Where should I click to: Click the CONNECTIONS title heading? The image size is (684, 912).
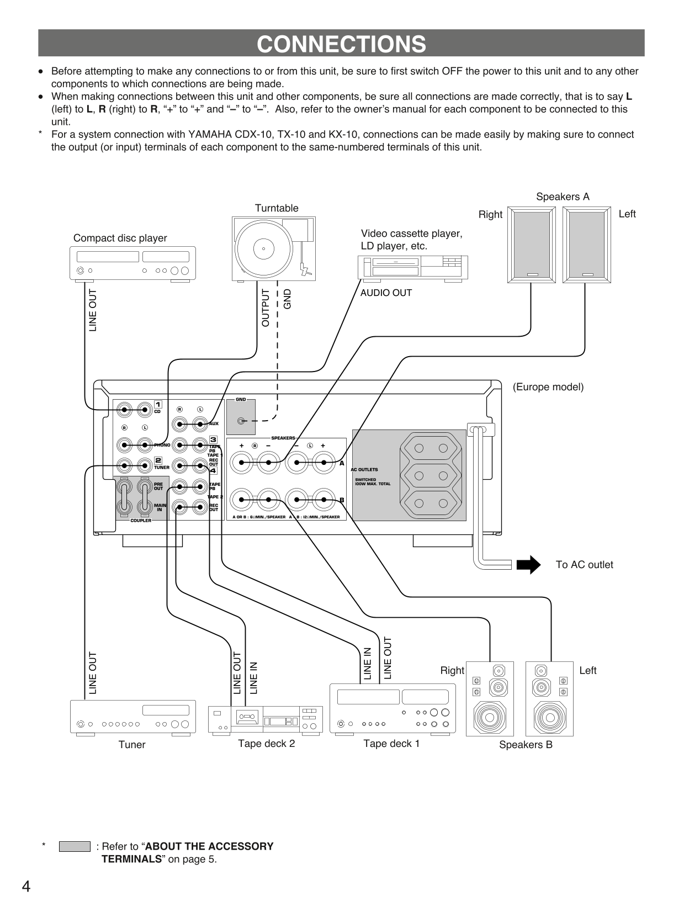341,44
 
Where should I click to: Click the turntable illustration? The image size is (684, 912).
274,248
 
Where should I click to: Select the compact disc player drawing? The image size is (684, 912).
133,263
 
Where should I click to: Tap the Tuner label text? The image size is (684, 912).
132,745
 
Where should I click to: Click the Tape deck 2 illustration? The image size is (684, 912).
265,719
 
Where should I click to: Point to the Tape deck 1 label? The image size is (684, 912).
391,744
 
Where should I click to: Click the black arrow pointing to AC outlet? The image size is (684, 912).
528,565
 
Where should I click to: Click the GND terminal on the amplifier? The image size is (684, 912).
241,421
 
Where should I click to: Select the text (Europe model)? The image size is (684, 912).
548,387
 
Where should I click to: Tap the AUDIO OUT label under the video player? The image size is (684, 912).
386,293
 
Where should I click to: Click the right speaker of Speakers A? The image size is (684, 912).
532,245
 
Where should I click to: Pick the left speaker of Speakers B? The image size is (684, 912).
549,698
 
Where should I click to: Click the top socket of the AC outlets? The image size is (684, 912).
431,448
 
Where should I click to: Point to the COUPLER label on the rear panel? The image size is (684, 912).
141,521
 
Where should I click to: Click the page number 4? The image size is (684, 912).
26,887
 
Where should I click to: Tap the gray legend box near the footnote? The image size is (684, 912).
75,846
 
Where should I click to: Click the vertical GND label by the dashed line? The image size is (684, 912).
287,299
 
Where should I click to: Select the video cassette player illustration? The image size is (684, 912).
413,268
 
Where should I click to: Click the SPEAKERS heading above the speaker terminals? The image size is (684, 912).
283,438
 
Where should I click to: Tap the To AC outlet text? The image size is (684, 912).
584,565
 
